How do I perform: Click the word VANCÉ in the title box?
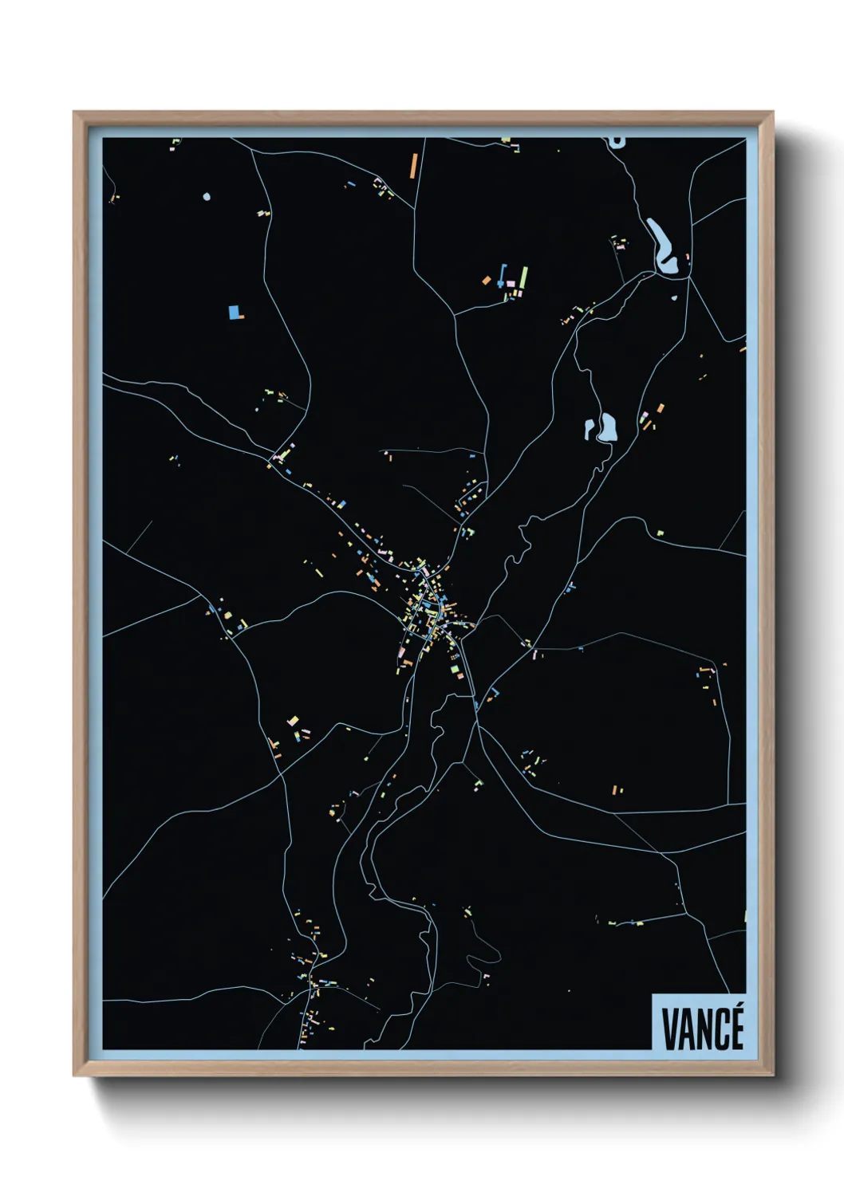[x=703, y=1029]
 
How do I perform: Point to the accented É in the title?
[x=736, y=1027]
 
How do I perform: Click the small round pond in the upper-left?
[x=207, y=196]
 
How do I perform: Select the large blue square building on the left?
[x=235, y=312]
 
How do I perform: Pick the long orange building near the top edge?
[x=413, y=165]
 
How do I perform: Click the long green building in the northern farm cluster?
[x=523, y=277]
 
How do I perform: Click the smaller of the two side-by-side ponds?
[x=590, y=430]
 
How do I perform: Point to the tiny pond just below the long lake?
[x=674, y=298]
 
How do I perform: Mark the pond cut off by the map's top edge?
[x=616, y=142]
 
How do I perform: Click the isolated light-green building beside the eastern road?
[x=660, y=532]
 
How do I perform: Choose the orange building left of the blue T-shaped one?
[x=487, y=280]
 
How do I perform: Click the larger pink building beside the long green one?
[x=511, y=283]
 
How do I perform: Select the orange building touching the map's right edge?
[x=743, y=348]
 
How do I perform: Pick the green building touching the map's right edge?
[x=745, y=917]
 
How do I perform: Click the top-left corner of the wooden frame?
[x=74, y=112]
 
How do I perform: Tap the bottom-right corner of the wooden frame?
[x=772, y=1075]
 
